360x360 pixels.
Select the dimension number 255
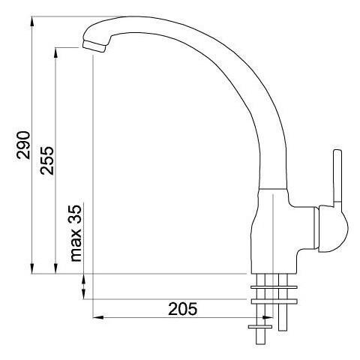coord(47,159)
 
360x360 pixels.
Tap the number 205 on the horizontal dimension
coord(183,308)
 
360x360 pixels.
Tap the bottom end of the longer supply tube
coord(283,331)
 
